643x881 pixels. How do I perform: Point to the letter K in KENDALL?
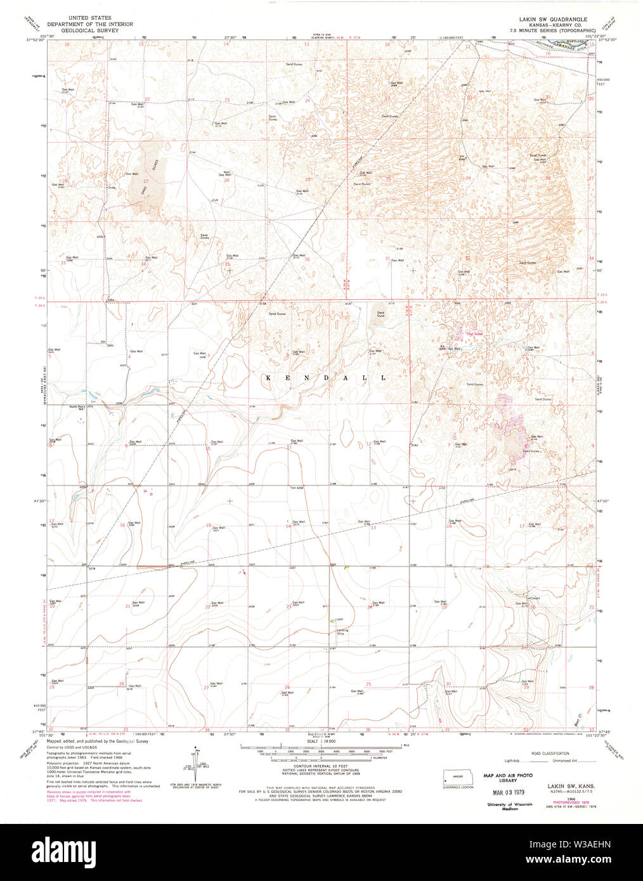click(267, 378)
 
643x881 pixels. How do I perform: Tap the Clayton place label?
click(534, 598)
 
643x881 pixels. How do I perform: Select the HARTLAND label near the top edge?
click(573, 41)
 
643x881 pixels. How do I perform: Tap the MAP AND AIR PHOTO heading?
click(508, 775)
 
